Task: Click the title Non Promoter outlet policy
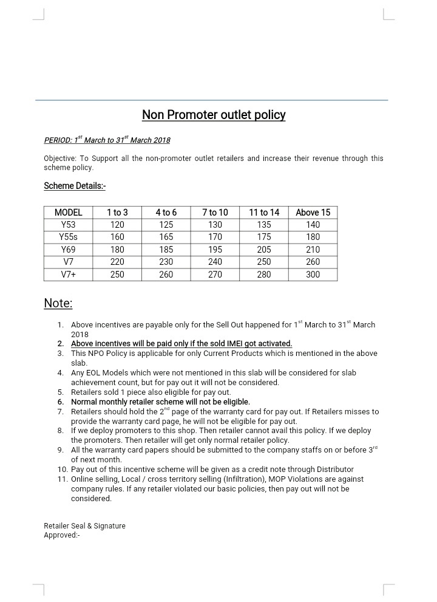coord(214,115)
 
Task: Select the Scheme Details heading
coord(75,186)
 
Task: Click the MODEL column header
coord(69,213)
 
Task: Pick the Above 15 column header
coord(313,213)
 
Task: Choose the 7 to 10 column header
coord(215,213)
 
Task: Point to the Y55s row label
coord(69,237)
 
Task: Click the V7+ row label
coord(69,275)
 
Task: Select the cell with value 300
coord(313,275)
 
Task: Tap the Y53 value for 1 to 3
coord(117,225)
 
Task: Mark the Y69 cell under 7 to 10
coord(215,250)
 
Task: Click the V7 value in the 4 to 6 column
coord(166,262)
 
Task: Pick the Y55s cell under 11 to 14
coord(264,237)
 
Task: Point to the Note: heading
coord(58,303)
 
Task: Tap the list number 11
coord(62,479)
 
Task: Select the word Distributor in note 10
coord(333,470)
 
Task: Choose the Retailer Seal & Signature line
coord(84,526)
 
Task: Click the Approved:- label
coord(62,535)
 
